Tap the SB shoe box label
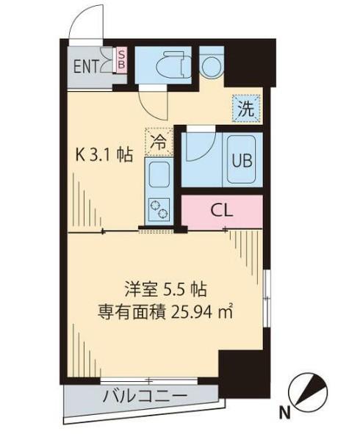coord(122,59)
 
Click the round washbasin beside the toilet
coord(211,65)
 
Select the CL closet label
coord(222,211)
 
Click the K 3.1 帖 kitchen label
coord(105,155)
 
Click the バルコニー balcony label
coord(143,397)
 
